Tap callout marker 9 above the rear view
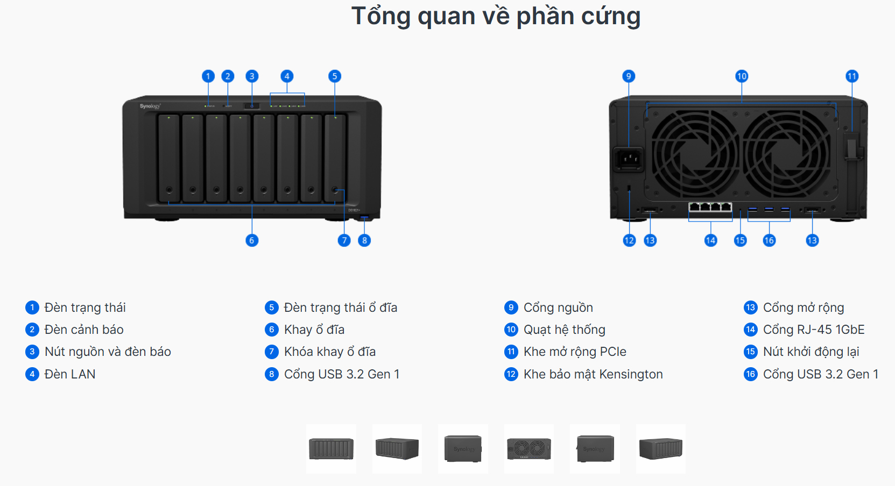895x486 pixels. coord(629,76)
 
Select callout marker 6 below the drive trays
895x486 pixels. coord(252,240)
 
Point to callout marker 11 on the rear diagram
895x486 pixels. coord(851,76)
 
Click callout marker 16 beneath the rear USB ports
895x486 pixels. coord(769,240)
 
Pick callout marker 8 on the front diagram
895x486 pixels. coord(364,240)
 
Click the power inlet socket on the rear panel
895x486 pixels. coord(629,159)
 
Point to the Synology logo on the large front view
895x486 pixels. coord(150,106)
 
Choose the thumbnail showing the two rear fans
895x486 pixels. coord(529,449)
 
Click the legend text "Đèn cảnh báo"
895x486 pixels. coord(84,330)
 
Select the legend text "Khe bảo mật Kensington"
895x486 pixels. coord(593,374)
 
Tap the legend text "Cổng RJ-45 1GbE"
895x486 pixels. coord(814,330)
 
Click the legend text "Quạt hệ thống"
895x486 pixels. coord(564,330)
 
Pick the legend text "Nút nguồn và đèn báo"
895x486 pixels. coord(108,352)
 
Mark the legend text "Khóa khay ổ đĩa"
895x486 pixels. coord(329,352)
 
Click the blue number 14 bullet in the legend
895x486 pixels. coord(750,330)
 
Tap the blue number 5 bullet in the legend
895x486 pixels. coord(271,308)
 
